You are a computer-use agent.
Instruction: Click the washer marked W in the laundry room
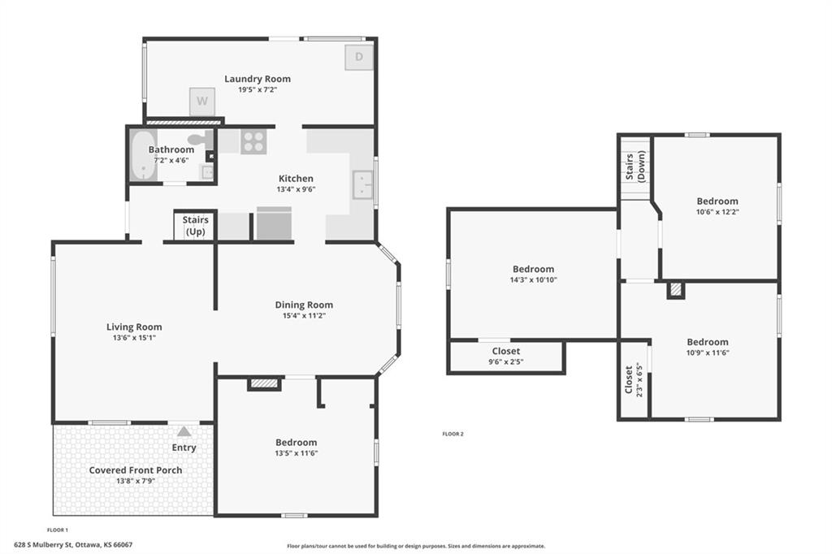202,102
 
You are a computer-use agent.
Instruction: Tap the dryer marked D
359,58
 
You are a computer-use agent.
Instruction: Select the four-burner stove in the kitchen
253,141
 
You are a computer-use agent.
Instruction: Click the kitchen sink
363,184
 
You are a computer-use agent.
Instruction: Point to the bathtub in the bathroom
143,155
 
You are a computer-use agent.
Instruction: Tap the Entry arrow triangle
184,431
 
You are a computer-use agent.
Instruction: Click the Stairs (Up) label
195,226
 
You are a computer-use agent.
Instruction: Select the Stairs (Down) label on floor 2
635,166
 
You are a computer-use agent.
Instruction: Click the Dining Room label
304,305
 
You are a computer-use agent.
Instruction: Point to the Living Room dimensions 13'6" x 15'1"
134,337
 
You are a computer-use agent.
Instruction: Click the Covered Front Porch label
136,470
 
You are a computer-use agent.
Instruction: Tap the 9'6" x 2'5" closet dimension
506,362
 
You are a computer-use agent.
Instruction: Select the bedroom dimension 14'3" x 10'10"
533,279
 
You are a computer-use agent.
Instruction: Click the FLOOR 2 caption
453,434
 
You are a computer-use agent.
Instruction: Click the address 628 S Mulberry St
43,544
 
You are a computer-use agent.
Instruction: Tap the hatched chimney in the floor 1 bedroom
264,383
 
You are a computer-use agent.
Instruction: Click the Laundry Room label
258,79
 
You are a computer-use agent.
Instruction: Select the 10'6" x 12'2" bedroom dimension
717,212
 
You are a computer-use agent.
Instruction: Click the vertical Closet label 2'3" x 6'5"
634,379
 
